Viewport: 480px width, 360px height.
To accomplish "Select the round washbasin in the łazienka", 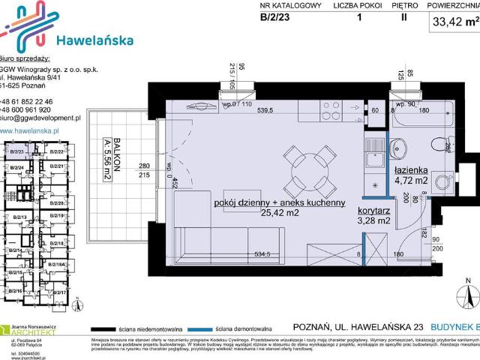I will click(400, 147).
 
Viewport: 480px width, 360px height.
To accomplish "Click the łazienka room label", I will click(412, 169).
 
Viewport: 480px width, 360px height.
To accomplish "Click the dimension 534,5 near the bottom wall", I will click(261, 254).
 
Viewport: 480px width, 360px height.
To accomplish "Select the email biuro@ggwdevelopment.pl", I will click(40, 118).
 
